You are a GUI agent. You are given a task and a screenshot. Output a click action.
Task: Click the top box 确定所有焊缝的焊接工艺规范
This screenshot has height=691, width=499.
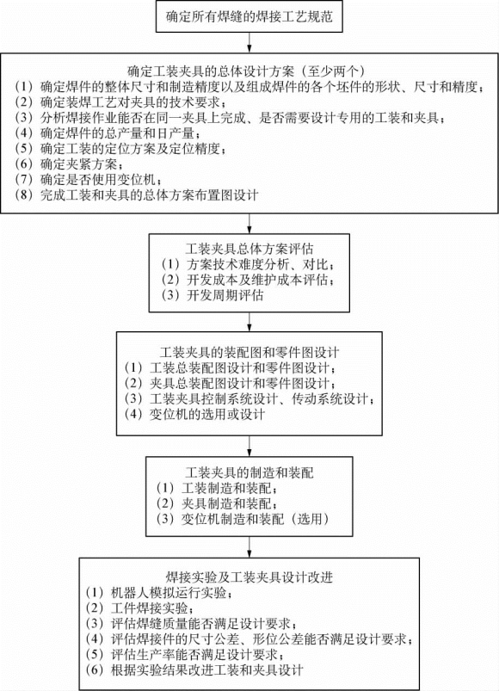point(249,17)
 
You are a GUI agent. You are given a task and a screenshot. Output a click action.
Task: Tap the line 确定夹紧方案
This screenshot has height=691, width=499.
point(68,164)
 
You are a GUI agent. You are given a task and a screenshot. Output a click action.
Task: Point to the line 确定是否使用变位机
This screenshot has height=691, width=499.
point(87,180)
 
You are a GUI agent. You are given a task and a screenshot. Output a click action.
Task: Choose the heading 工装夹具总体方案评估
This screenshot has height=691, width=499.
point(249,249)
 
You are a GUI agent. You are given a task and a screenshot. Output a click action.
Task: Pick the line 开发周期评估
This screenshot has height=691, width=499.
point(213,295)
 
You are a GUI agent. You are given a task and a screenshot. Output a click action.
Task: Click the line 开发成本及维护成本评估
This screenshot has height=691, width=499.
point(248,280)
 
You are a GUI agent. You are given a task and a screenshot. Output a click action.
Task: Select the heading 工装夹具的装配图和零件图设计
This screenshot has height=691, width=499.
point(249,352)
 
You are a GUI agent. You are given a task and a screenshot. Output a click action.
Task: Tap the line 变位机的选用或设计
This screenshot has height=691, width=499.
point(194,414)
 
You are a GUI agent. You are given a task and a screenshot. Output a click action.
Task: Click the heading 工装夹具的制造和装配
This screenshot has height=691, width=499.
point(249,473)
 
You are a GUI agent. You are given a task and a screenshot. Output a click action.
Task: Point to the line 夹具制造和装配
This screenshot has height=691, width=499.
point(217,503)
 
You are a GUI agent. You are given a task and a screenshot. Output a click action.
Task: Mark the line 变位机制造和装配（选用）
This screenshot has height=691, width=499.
point(243,519)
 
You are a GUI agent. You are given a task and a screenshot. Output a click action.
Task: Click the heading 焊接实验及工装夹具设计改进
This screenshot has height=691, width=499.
point(249,577)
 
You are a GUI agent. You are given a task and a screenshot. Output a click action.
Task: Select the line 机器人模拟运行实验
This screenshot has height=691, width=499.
point(159,593)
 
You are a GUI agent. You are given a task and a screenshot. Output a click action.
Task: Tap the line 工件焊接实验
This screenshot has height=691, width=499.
point(139,608)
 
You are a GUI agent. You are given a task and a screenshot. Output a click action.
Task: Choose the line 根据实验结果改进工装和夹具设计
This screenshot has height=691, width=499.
point(194,670)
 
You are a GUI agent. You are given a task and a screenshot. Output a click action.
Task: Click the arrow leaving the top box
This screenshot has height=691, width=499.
point(249,42)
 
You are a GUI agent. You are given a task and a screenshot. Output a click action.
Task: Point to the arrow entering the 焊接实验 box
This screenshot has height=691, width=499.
point(249,547)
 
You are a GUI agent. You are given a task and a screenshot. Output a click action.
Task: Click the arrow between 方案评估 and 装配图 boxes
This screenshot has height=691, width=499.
point(249,322)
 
